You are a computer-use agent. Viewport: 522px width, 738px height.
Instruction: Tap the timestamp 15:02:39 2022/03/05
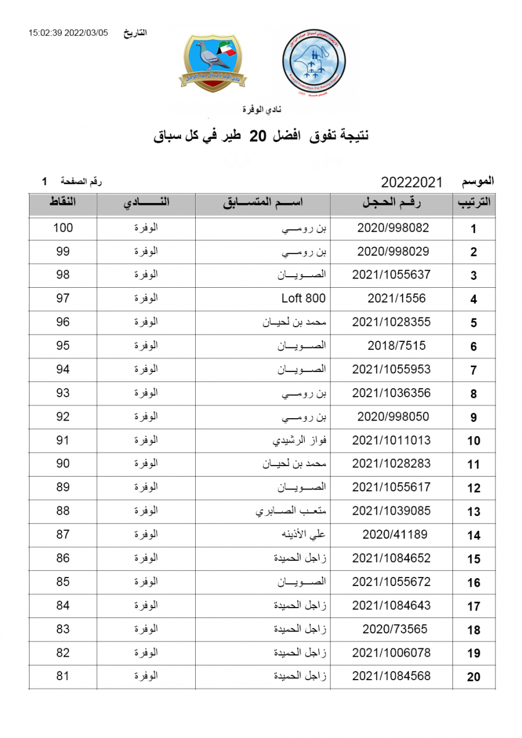pyautogui.click(x=68, y=33)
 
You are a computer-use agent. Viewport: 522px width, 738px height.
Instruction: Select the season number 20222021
pyautogui.click(x=412, y=182)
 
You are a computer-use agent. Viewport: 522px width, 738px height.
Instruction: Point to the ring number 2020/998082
pyautogui.click(x=393, y=228)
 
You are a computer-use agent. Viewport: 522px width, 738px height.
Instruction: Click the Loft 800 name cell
pyautogui.click(x=303, y=299)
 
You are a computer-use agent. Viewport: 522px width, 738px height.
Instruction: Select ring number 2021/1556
pyautogui.click(x=396, y=299)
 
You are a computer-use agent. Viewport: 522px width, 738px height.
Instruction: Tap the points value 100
pyautogui.click(x=63, y=228)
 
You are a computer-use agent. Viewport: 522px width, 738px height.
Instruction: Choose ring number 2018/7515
pyautogui.click(x=396, y=346)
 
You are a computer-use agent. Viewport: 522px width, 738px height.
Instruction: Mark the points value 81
pyautogui.click(x=63, y=676)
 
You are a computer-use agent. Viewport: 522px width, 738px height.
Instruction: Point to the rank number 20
pyautogui.click(x=473, y=677)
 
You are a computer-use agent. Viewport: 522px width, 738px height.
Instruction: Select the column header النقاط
pyautogui.click(x=63, y=202)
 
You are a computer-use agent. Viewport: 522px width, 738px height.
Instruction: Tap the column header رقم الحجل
pyautogui.click(x=393, y=204)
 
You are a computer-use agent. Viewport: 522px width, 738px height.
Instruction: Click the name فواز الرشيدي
pyautogui.click(x=300, y=440)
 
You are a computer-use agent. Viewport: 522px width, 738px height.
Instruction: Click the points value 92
pyautogui.click(x=63, y=416)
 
